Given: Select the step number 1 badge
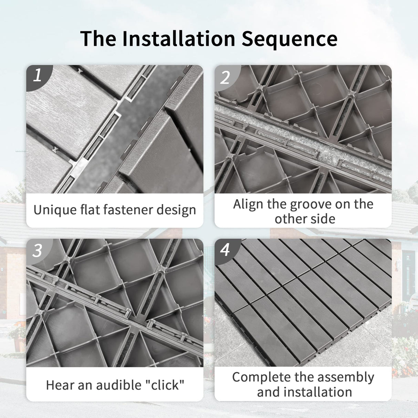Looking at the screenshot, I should (x=37, y=75).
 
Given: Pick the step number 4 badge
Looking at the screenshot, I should (x=225, y=249).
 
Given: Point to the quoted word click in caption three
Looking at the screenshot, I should (x=166, y=385).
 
